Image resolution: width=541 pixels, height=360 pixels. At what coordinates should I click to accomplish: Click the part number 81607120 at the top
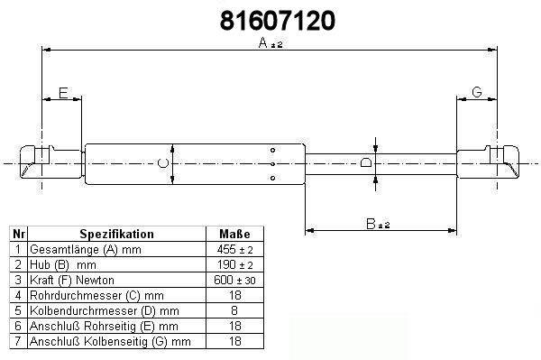pos(278,21)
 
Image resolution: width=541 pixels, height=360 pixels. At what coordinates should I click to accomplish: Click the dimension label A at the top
pos(263,42)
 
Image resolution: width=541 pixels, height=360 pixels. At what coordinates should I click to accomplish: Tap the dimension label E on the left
pos(63,93)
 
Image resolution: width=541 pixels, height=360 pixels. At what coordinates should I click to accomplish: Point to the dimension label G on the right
pos(476,92)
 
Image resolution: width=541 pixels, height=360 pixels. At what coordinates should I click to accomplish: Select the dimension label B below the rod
pos(371,224)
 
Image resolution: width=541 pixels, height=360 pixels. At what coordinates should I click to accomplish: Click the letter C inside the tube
pos(163,163)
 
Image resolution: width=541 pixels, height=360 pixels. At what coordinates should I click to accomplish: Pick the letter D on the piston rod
pos(366,162)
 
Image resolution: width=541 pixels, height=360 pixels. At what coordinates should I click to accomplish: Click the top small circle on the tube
pos(272,150)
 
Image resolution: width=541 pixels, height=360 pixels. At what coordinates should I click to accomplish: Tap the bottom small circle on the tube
pos(272,178)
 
